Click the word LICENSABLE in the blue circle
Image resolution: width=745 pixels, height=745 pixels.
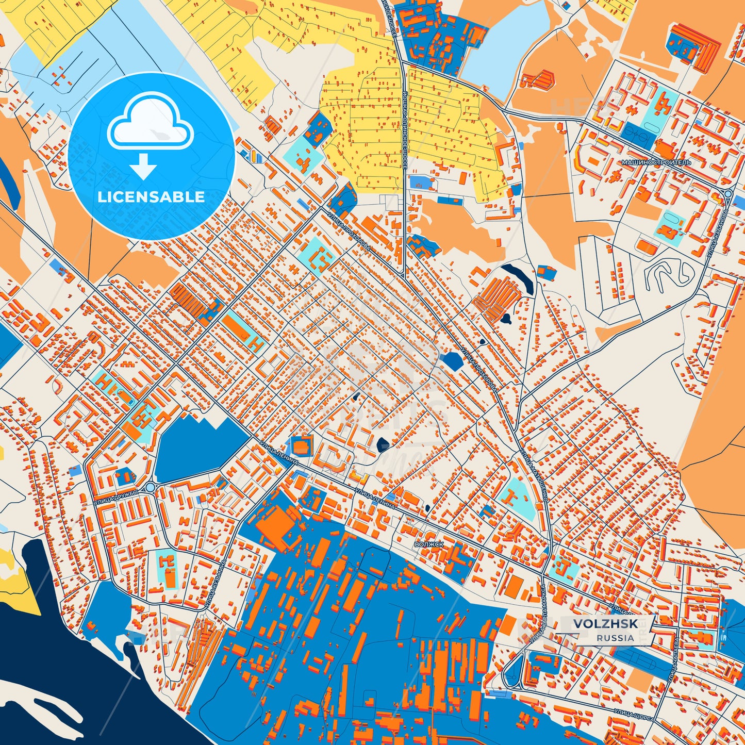[151, 197]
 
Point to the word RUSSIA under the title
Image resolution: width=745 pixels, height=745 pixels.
[615, 638]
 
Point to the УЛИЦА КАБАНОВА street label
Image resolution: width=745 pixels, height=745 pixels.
[717, 232]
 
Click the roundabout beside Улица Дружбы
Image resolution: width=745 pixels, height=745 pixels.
[150, 487]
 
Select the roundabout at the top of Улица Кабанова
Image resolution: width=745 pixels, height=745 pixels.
[727, 194]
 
